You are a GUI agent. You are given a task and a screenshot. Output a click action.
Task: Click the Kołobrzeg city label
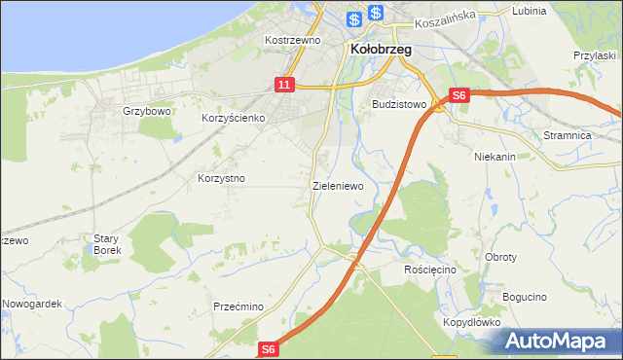coord(380,48)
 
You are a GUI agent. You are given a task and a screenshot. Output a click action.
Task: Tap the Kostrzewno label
coord(293,41)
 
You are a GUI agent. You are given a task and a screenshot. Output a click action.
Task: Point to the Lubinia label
coord(529,10)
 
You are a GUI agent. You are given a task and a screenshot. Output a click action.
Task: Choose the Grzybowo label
coord(147,111)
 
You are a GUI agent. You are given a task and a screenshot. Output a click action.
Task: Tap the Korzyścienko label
coord(234,118)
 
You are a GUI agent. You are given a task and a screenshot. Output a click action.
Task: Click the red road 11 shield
coord(283,86)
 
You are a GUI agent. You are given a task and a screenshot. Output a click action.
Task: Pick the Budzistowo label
coord(400,102)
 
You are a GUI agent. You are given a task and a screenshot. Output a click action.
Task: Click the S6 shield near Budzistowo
coord(460,95)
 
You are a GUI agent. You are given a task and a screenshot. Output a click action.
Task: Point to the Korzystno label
coord(221,179)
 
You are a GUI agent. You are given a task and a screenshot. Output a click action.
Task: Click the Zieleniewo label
coord(338,185)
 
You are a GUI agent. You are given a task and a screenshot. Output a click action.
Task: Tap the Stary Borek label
coord(106,244)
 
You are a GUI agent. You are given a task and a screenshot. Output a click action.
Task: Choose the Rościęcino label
coord(429,269)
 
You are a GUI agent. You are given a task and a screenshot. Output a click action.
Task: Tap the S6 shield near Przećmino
coord(270,348)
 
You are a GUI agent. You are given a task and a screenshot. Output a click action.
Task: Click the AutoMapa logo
coord(560,341)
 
